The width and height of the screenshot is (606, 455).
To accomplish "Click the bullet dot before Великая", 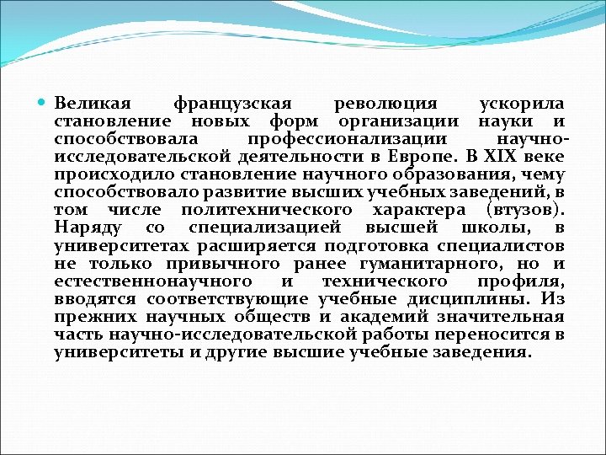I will click(x=44, y=104).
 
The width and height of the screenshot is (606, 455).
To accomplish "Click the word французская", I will click(x=231, y=104).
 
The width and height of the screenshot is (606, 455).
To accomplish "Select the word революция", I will click(x=385, y=104).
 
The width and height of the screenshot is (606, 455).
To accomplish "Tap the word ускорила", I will click(x=521, y=104).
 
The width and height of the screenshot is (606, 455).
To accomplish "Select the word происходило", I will click(x=104, y=175).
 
